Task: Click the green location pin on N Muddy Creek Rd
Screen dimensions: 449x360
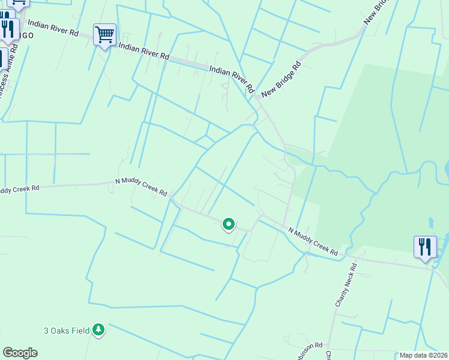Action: click(229, 224)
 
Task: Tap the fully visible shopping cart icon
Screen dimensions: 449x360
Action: click(104, 35)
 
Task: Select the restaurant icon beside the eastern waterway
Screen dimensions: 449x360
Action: click(424, 247)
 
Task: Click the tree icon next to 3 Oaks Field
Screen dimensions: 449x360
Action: click(98, 329)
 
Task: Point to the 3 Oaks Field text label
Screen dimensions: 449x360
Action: click(66, 330)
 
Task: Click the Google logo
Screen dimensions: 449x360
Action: click(20, 353)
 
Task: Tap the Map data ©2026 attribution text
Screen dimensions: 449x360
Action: click(423, 355)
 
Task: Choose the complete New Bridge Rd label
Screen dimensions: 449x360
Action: click(280, 79)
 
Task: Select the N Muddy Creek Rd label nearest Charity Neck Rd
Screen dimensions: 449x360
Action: click(312, 241)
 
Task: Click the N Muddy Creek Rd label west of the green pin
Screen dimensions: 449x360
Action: click(141, 186)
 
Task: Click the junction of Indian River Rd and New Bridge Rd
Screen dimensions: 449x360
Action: click(258, 96)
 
